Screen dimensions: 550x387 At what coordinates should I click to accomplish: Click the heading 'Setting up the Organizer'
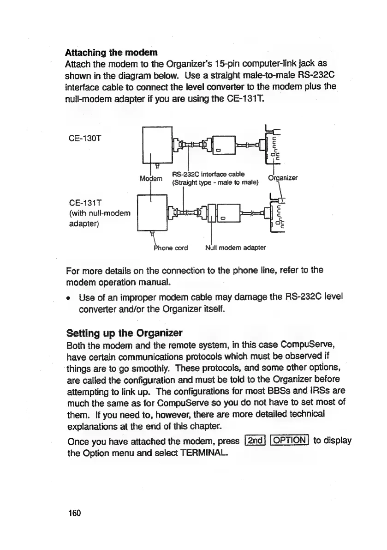click(125, 332)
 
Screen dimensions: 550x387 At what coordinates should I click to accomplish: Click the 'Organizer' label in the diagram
click(283, 178)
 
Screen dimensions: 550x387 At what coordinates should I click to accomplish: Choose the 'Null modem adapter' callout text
click(236, 248)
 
